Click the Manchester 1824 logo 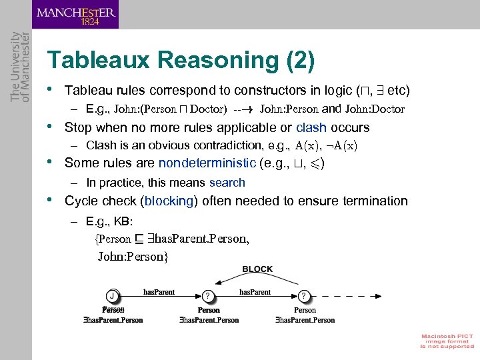coord(75,15)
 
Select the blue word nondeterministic coord(207,163)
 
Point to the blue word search coord(227,182)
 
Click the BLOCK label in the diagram coord(257,269)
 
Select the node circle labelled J coord(114,295)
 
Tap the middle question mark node coord(209,295)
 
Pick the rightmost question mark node coord(305,295)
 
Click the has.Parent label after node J coord(161,292)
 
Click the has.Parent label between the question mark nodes coord(255,292)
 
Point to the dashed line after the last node coord(343,295)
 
